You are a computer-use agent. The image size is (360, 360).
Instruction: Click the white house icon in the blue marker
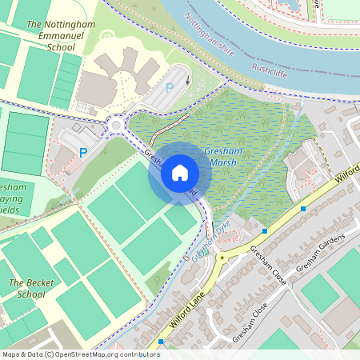click(179, 172)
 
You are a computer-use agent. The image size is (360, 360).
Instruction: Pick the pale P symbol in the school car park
click(169, 90)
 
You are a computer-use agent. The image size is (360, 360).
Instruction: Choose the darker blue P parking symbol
click(82, 152)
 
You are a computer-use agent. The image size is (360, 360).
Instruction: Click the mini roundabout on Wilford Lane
click(222, 258)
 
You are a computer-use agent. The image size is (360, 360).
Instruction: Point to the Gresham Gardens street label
click(320, 254)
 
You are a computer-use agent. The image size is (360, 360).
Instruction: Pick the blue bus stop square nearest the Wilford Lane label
click(161, 342)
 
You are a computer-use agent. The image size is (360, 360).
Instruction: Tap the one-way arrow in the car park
click(188, 78)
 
